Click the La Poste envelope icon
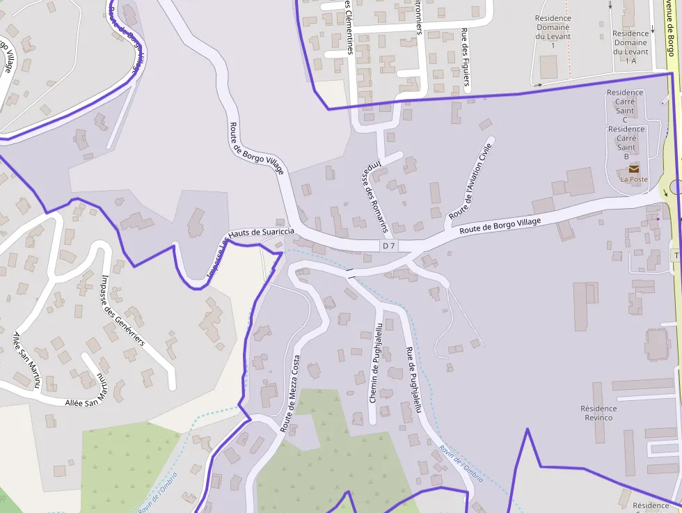634,168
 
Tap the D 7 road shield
388,246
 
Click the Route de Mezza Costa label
290,394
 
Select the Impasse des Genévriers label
122,311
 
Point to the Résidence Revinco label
598,413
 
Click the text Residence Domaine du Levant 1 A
631,47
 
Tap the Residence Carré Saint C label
625,106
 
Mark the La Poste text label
634,179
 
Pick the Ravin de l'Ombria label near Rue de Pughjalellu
461,464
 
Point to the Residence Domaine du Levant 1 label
553,31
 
